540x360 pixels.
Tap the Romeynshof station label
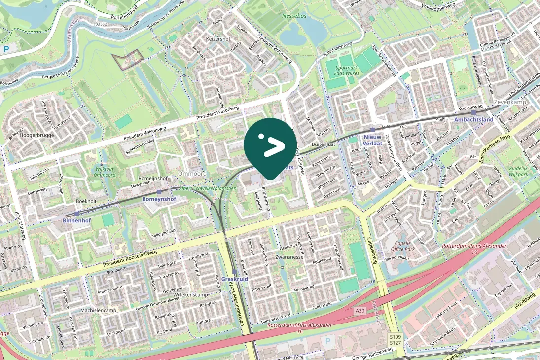159,199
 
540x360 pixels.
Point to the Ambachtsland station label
473,120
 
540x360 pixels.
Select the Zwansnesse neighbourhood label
289,257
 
